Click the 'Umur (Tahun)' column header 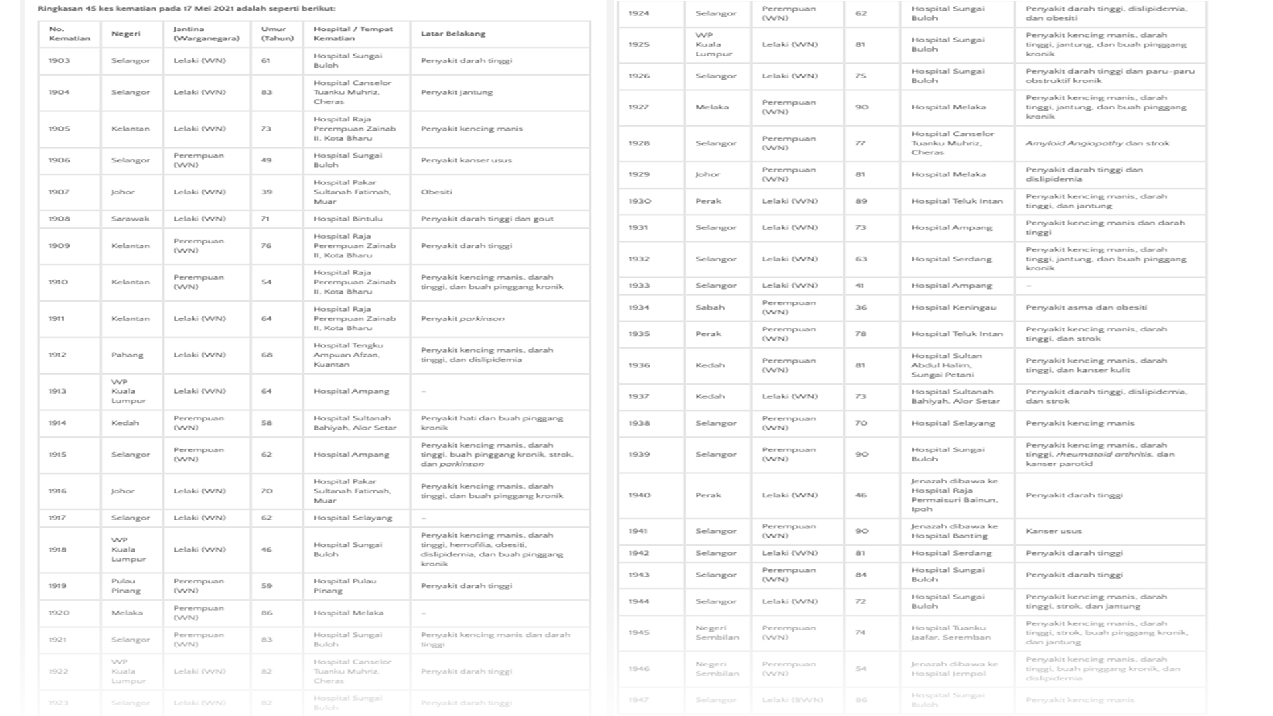click(277, 34)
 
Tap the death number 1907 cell click(59, 192)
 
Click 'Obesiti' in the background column click(436, 192)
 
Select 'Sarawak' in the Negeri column click(130, 219)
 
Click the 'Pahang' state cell click(127, 355)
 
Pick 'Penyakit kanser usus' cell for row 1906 click(466, 160)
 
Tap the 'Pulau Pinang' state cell click(125, 586)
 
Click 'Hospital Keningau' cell click(953, 307)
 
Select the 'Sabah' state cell click(710, 307)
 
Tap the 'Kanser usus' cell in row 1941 click(1054, 531)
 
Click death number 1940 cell click(639, 495)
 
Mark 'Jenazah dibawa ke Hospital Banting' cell click(954, 531)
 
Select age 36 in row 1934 click(861, 307)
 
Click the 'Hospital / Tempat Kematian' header click(353, 34)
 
